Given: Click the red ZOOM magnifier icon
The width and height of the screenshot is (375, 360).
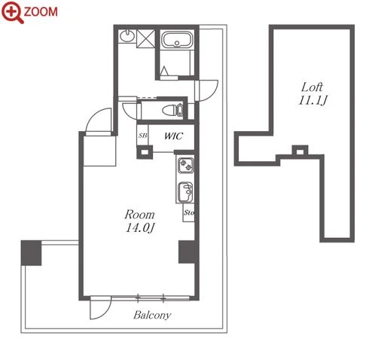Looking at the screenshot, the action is [x=12, y=12].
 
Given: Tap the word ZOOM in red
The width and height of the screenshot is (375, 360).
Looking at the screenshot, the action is [x=41, y=11].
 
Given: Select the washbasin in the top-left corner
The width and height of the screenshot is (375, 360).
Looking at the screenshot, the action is [x=127, y=36].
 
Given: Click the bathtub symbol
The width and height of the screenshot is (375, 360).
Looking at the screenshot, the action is [x=177, y=40].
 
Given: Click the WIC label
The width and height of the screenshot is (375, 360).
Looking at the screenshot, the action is [x=173, y=136].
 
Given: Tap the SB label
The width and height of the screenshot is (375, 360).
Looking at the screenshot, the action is [x=142, y=136].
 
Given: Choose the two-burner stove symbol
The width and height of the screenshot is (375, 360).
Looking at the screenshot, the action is [x=186, y=165].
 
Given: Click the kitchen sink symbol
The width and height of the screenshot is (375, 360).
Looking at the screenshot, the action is [x=186, y=191].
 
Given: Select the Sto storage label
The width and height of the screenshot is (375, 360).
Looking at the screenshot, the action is [x=189, y=212].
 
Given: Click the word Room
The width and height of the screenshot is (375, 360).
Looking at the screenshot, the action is [x=140, y=215].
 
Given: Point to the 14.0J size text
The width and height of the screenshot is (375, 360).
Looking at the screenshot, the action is [x=140, y=228].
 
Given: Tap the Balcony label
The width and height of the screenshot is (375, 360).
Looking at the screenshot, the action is [x=152, y=315].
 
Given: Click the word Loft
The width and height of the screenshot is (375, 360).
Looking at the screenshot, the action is [x=312, y=87].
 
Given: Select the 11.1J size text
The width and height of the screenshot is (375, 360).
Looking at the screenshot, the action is [x=312, y=100].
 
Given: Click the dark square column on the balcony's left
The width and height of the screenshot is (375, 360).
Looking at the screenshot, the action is [x=31, y=253].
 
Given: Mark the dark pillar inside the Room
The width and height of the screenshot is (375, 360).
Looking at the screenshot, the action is [x=187, y=252].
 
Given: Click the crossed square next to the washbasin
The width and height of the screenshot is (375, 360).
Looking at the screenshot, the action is [x=145, y=38].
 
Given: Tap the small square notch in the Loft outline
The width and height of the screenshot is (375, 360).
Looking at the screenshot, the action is [x=300, y=151].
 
